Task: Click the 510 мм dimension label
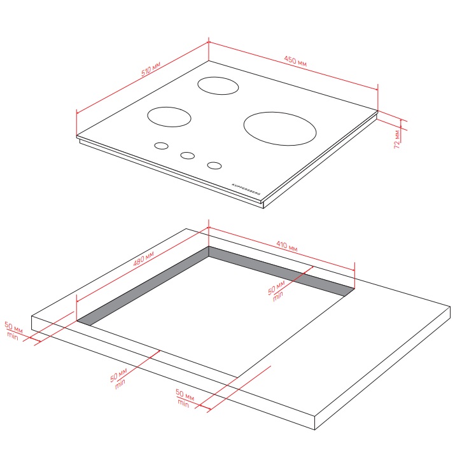point(151,69)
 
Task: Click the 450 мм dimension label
point(295,60)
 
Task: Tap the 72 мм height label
point(397,139)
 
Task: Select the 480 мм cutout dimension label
point(144,259)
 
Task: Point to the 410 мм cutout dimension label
point(287,246)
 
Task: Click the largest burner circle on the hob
point(280,128)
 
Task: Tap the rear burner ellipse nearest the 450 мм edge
point(218,85)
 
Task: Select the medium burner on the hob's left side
point(169,117)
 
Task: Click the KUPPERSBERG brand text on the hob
point(246,189)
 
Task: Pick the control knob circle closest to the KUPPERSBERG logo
point(214,165)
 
